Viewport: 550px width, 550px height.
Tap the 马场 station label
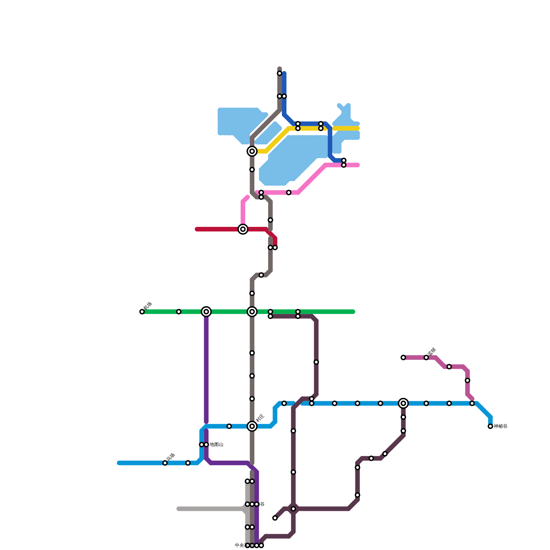171,457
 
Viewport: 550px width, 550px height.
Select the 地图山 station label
217,444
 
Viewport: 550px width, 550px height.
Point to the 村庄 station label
260,418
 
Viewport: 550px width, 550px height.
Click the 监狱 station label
432,351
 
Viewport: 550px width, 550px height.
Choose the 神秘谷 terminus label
500,426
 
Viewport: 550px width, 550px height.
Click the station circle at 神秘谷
490,426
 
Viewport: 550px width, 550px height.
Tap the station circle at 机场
142,312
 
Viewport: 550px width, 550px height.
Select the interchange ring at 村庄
252,426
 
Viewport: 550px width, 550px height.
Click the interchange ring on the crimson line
243,229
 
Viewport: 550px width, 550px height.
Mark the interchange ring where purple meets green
206,312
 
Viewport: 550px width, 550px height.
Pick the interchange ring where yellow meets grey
252,151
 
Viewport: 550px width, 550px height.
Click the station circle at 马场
165,463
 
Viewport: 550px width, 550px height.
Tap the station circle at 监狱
426,357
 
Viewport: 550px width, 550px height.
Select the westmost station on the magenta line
403,357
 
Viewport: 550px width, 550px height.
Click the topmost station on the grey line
279,73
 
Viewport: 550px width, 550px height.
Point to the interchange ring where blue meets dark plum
403,403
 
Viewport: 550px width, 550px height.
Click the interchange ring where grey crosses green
252,312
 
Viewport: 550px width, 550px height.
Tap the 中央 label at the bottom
240,545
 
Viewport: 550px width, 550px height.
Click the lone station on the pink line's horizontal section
289,192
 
